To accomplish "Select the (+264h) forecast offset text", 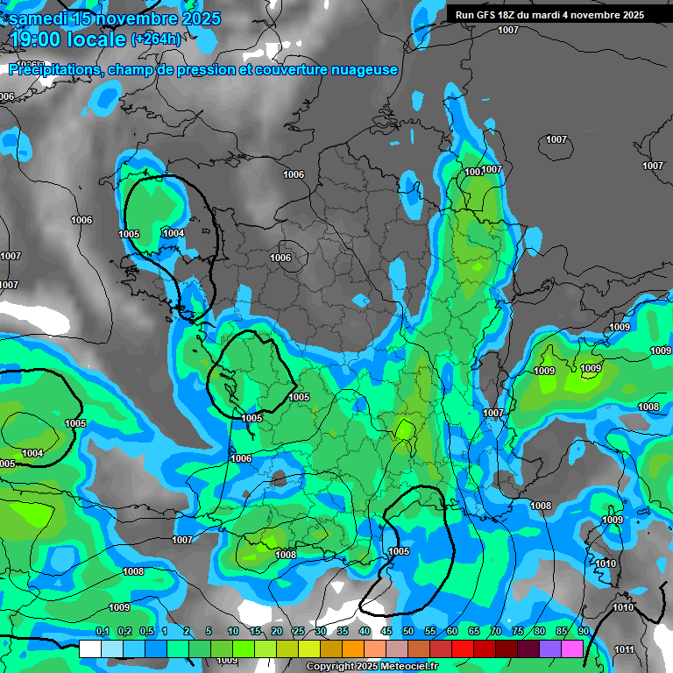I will point(156,39).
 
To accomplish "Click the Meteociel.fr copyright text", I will point(372,667).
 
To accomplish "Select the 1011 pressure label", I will point(625,649).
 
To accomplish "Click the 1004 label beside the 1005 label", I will point(174,233).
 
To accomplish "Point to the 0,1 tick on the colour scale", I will point(102,632).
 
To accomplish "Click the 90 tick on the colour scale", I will point(583,632).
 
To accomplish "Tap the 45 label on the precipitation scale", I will point(386,632).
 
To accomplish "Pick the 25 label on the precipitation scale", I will point(299,632).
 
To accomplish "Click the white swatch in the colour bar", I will point(89,648).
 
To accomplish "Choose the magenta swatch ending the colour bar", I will point(572,648).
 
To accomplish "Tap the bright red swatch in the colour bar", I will point(462,648).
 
